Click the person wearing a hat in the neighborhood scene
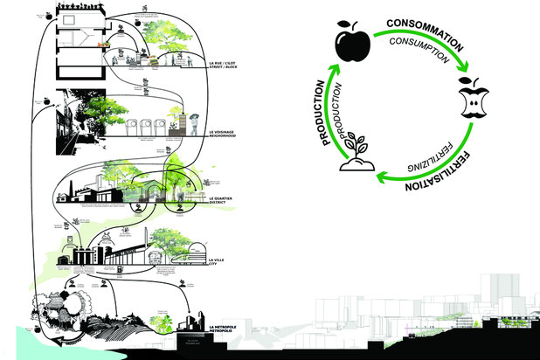point(194,121)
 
